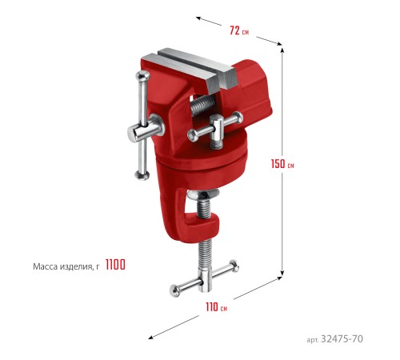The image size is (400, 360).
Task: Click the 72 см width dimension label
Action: click(x=239, y=30)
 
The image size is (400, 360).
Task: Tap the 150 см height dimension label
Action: click(x=282, y=164)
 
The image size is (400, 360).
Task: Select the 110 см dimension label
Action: click(x=216, y=307)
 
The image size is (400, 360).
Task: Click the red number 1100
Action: click(x=115, y=265)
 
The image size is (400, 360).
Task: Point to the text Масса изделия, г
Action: click(x=66, y=266)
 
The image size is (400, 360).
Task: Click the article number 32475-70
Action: click(x=342, y=339)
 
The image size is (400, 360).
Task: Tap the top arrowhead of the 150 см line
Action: click(x=282, y=50)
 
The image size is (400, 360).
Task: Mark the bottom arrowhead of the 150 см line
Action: click(x=282, y=274)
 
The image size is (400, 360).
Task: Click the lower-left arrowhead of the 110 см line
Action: click(x=151, y=338)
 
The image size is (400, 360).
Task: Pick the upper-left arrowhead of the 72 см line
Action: click(x=198, y=18)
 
